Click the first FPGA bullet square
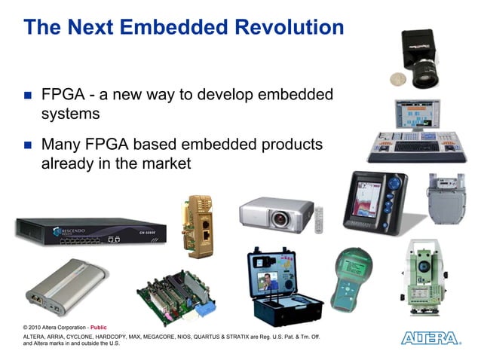[27, 96]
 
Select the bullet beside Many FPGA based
[27, 144]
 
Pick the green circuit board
[174, 295]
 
